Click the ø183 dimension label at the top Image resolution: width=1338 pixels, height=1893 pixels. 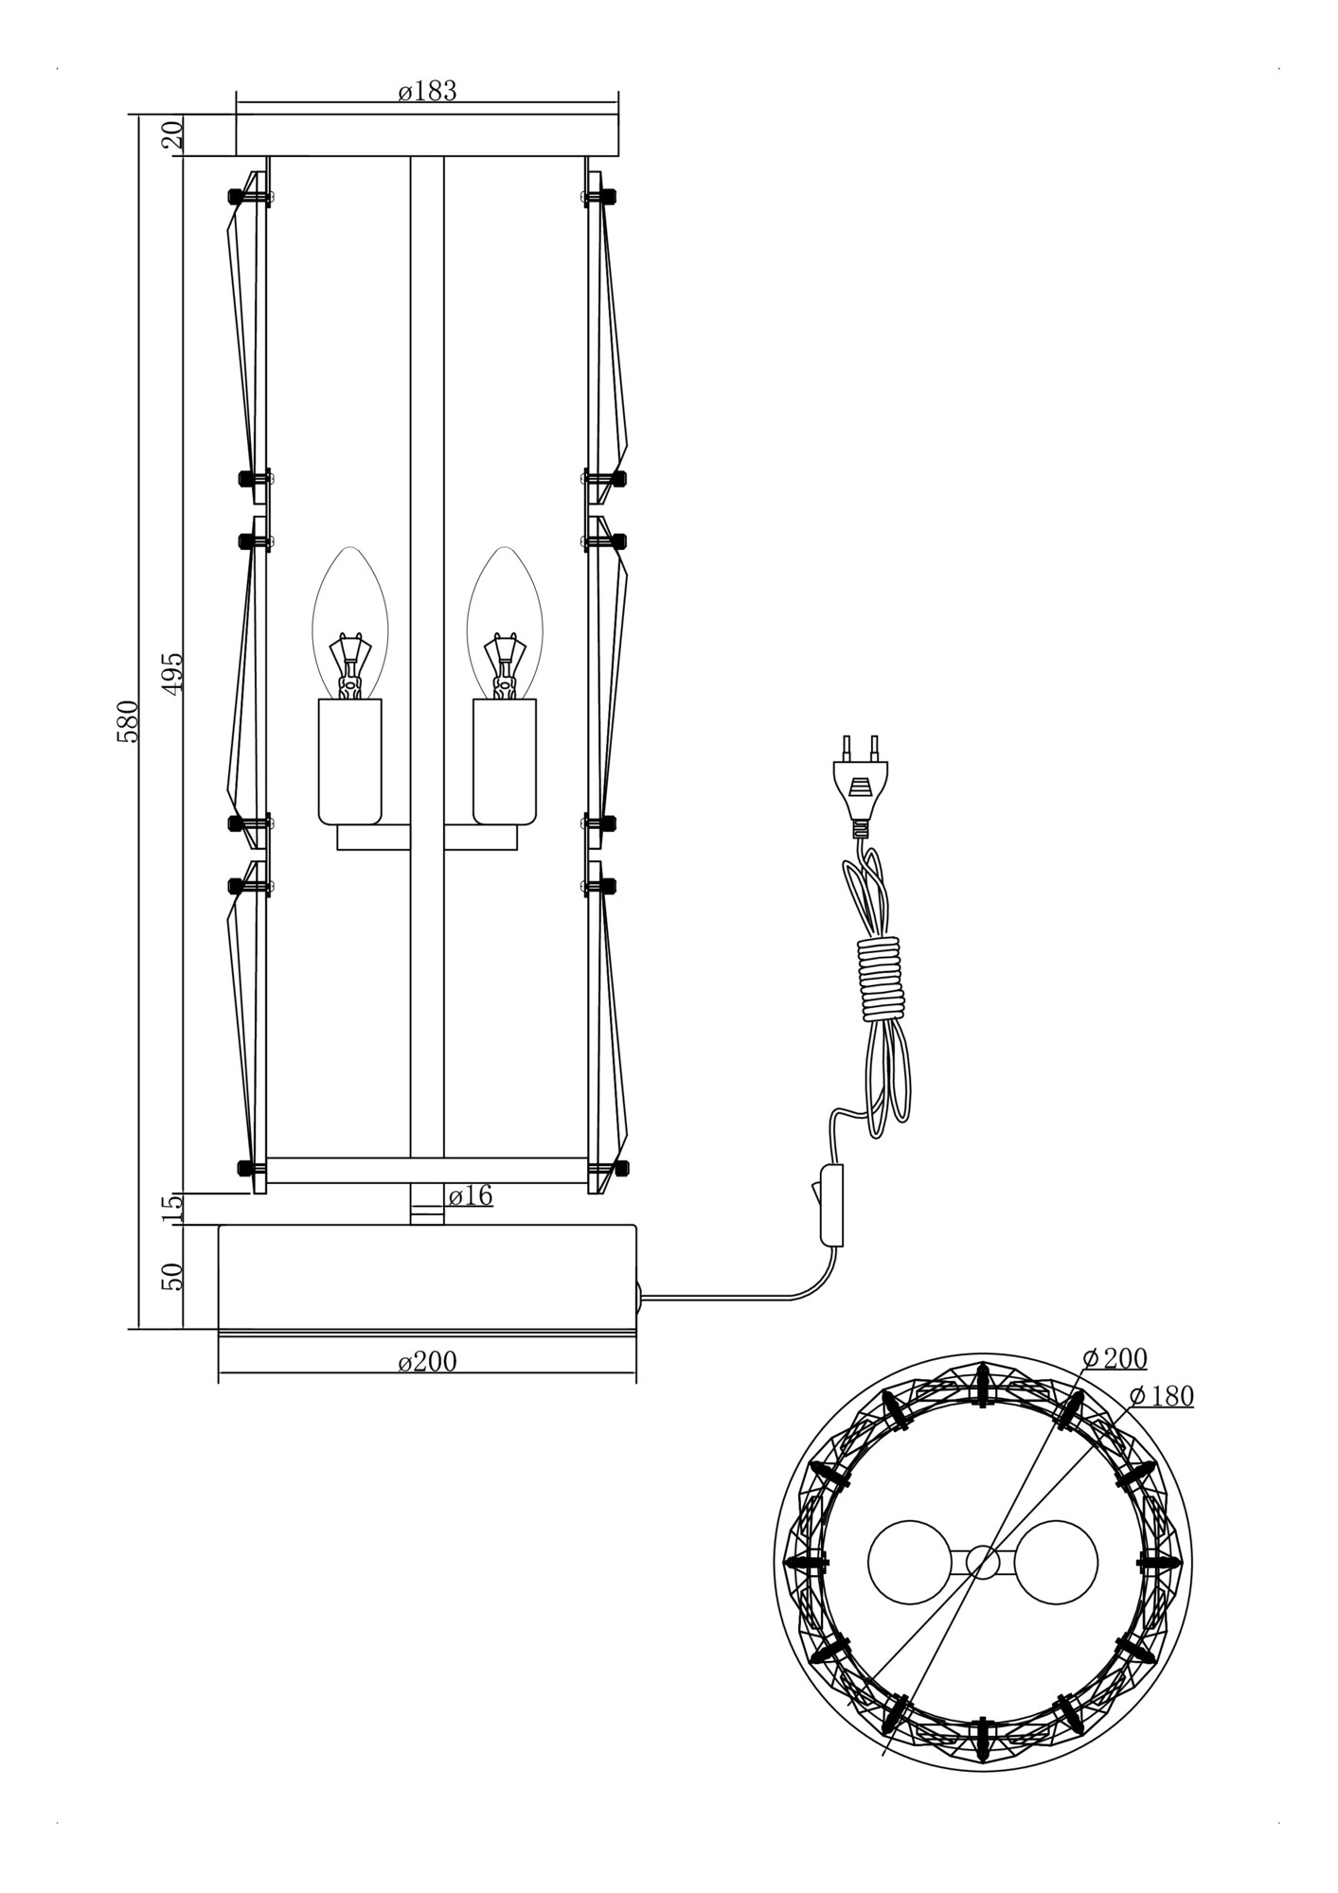tap(427, 91)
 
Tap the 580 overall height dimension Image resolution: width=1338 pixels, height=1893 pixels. tap(128, 721)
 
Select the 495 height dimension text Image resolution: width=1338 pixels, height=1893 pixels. tap(172, 674)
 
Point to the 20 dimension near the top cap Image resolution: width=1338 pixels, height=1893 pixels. tap(172, 135)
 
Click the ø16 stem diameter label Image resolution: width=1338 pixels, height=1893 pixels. tap(470, 1195)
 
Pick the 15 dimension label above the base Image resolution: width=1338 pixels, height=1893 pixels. tap(172, 1209)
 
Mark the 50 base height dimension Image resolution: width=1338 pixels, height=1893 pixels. tap(172, 1276)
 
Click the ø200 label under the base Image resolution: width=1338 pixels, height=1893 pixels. tap(427, 1361)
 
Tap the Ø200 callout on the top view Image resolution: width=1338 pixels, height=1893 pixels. tap(1115, 1358)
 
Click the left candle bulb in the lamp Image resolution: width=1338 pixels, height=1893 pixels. tap(349, 625)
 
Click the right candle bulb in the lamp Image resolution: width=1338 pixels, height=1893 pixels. tap(505, 625)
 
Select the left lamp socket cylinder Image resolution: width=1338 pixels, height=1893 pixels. tap(349, 760)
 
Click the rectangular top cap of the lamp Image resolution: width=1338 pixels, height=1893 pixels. tap(427, 134)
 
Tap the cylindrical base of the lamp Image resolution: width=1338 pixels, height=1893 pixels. tap(427, 1276)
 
